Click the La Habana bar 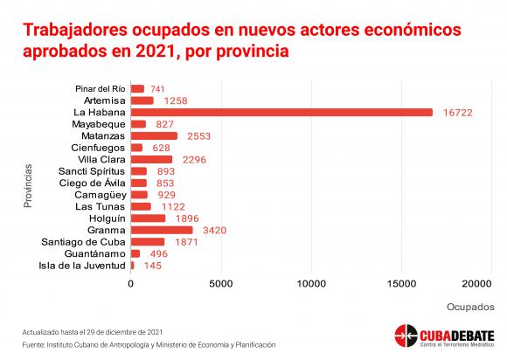tap(281, 112)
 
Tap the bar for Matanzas tap(154, 136)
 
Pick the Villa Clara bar tap(151, 159)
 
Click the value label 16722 tap(457, 113)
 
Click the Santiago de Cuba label tap(85, 241)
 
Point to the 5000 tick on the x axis tap(221, 284)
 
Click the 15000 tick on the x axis tap(402, 284)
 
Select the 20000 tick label tap(477, 284)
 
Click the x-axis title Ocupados tap(470, 308)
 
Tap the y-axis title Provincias tap(28, 185)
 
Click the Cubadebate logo tap(443, 336)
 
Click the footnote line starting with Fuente tap(149, 345)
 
